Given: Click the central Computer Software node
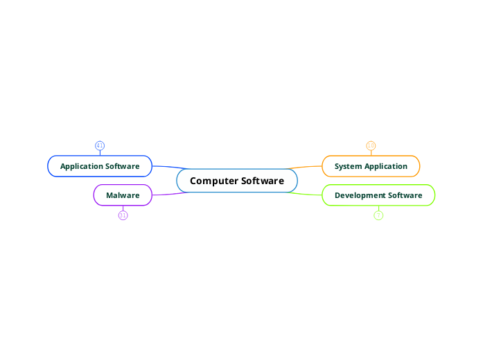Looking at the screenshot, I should [x=237, y=181].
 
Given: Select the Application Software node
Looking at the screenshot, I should [x=100, y=166].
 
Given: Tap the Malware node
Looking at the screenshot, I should [x=123, y=195].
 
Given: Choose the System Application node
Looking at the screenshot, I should [x=371, y=166].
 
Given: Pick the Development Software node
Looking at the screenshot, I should [x=378, y=195].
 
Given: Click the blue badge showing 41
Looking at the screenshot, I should [x=100, y=145].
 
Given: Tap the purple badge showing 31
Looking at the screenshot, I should [x=123, y=215].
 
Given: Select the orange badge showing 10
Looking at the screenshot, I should [x=371, y=145].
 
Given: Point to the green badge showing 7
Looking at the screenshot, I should [x=378, y=215].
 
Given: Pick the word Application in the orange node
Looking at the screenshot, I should [x=387, y=166].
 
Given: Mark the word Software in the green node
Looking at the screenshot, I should [x=405, y=195].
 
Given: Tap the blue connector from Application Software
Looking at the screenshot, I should [x=170, y=167].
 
